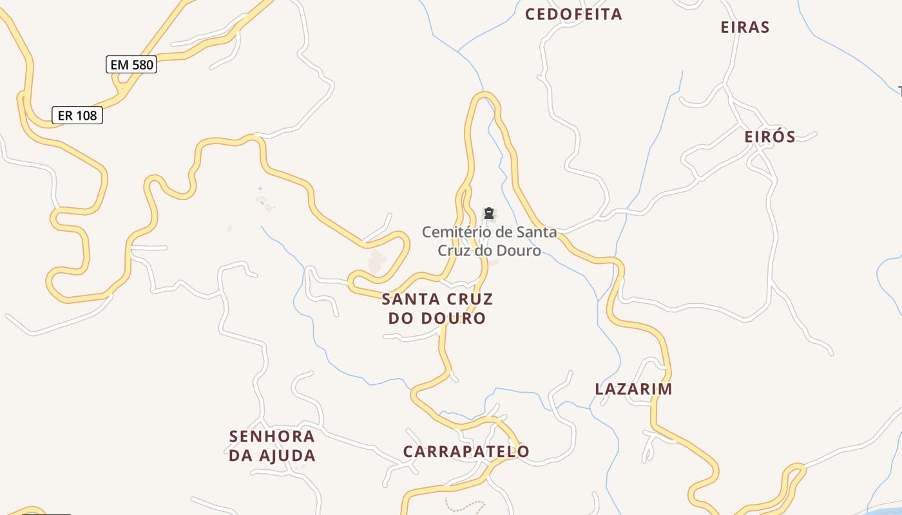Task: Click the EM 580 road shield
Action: point(131,64)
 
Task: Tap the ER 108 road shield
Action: point(77,115)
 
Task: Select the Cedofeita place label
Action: point(573,14)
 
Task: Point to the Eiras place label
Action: point(745,27)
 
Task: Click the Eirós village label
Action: point(770,136)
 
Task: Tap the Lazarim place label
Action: point(634,389)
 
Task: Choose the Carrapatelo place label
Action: point(466,451)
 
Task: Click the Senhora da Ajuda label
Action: point(273,445)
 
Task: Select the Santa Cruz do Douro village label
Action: point(437,308)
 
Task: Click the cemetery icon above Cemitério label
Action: point(488,213)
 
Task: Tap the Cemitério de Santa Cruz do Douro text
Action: point(489,241)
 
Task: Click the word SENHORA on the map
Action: point(273,436)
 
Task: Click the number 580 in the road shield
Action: point(142,64)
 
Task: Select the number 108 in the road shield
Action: point(86,115)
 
